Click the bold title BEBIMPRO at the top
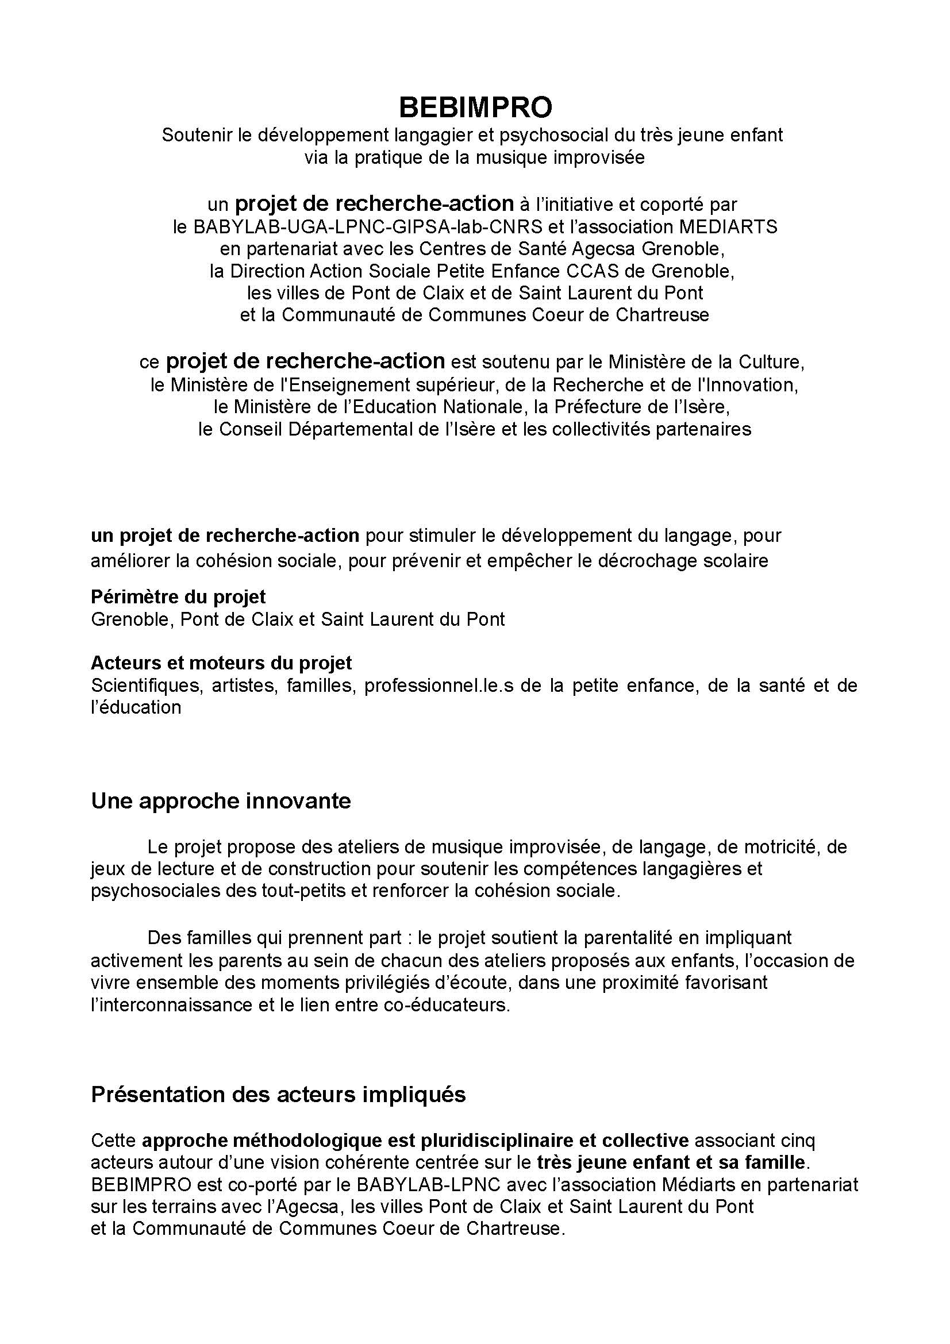click(x=475, y=107)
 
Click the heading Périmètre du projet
click(x=178, y=597)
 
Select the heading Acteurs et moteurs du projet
click(x=221, y=663)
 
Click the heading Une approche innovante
click(x=221, y=802)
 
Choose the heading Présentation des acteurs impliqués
click(x=278, y=1095)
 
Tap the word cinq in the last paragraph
click(x=797, y=1141)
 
